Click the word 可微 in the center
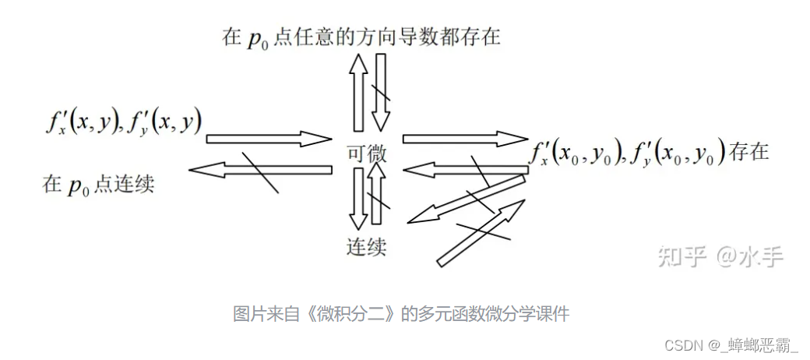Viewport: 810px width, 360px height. coord(366,153)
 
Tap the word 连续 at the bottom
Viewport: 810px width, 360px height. coord(366,248)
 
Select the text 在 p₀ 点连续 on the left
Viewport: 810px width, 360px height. coord(98,185)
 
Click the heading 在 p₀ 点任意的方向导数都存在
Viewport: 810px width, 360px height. coord(361,37)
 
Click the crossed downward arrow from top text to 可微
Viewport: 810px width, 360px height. coord(381,92)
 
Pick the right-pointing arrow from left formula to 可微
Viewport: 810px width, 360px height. coord(269,139)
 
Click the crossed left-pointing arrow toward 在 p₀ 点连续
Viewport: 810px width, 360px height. coord(261,168)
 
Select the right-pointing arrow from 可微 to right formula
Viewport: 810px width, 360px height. coord(466,139)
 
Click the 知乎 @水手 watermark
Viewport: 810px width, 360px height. coord(720,256)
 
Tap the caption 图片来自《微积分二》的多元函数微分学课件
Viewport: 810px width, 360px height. coord(401,315)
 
